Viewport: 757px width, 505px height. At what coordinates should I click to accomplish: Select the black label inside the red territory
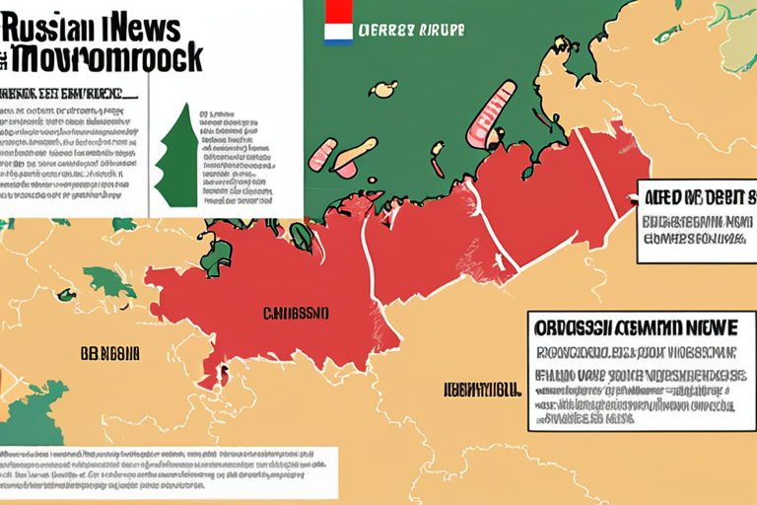[295, 314]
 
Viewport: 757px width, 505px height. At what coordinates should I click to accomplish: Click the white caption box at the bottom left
[168, 471]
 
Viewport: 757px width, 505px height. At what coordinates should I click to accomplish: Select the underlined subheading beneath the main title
[69, 95]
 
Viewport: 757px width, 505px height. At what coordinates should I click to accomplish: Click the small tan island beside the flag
[382, 90]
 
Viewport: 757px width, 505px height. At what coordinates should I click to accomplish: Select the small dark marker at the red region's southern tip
[223, 374]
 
